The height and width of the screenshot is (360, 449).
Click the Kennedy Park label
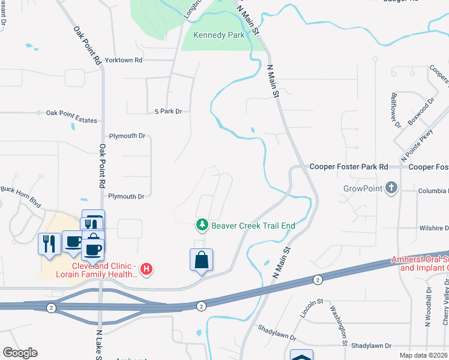pyautogui.click(x=219, y=35)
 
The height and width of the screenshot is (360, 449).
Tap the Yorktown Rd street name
pyautogui.click(x=123, y=61)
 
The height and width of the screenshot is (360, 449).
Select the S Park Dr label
pyautogui.click(x=168, y=112)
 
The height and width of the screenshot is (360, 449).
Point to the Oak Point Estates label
pyautogui.click(x=71, y=121)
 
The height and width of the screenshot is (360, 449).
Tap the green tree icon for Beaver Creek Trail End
pyautogui.click(x=202, y=225)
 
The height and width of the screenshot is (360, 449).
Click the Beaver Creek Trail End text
pyautogui.click(x=253, y=226)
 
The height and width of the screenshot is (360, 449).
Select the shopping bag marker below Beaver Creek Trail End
pyautogui.click(x=202, y=260)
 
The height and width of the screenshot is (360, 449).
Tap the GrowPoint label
pyautogui.click(x=363, y=188)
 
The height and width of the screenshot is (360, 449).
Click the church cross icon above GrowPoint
pyautogui.click(x=391, y=188)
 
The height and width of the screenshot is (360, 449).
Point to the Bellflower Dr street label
pyautogui.click(x=396, y=110)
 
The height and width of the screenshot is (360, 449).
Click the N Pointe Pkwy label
pyautogui.click(x=417, y=144)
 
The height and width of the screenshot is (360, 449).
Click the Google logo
pyautogui.click(x=20, y=353)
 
